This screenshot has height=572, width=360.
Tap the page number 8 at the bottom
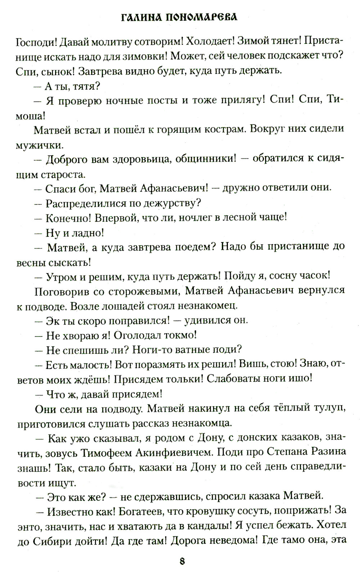tap(181, 561)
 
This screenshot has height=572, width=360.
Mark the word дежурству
tap(172, 203)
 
